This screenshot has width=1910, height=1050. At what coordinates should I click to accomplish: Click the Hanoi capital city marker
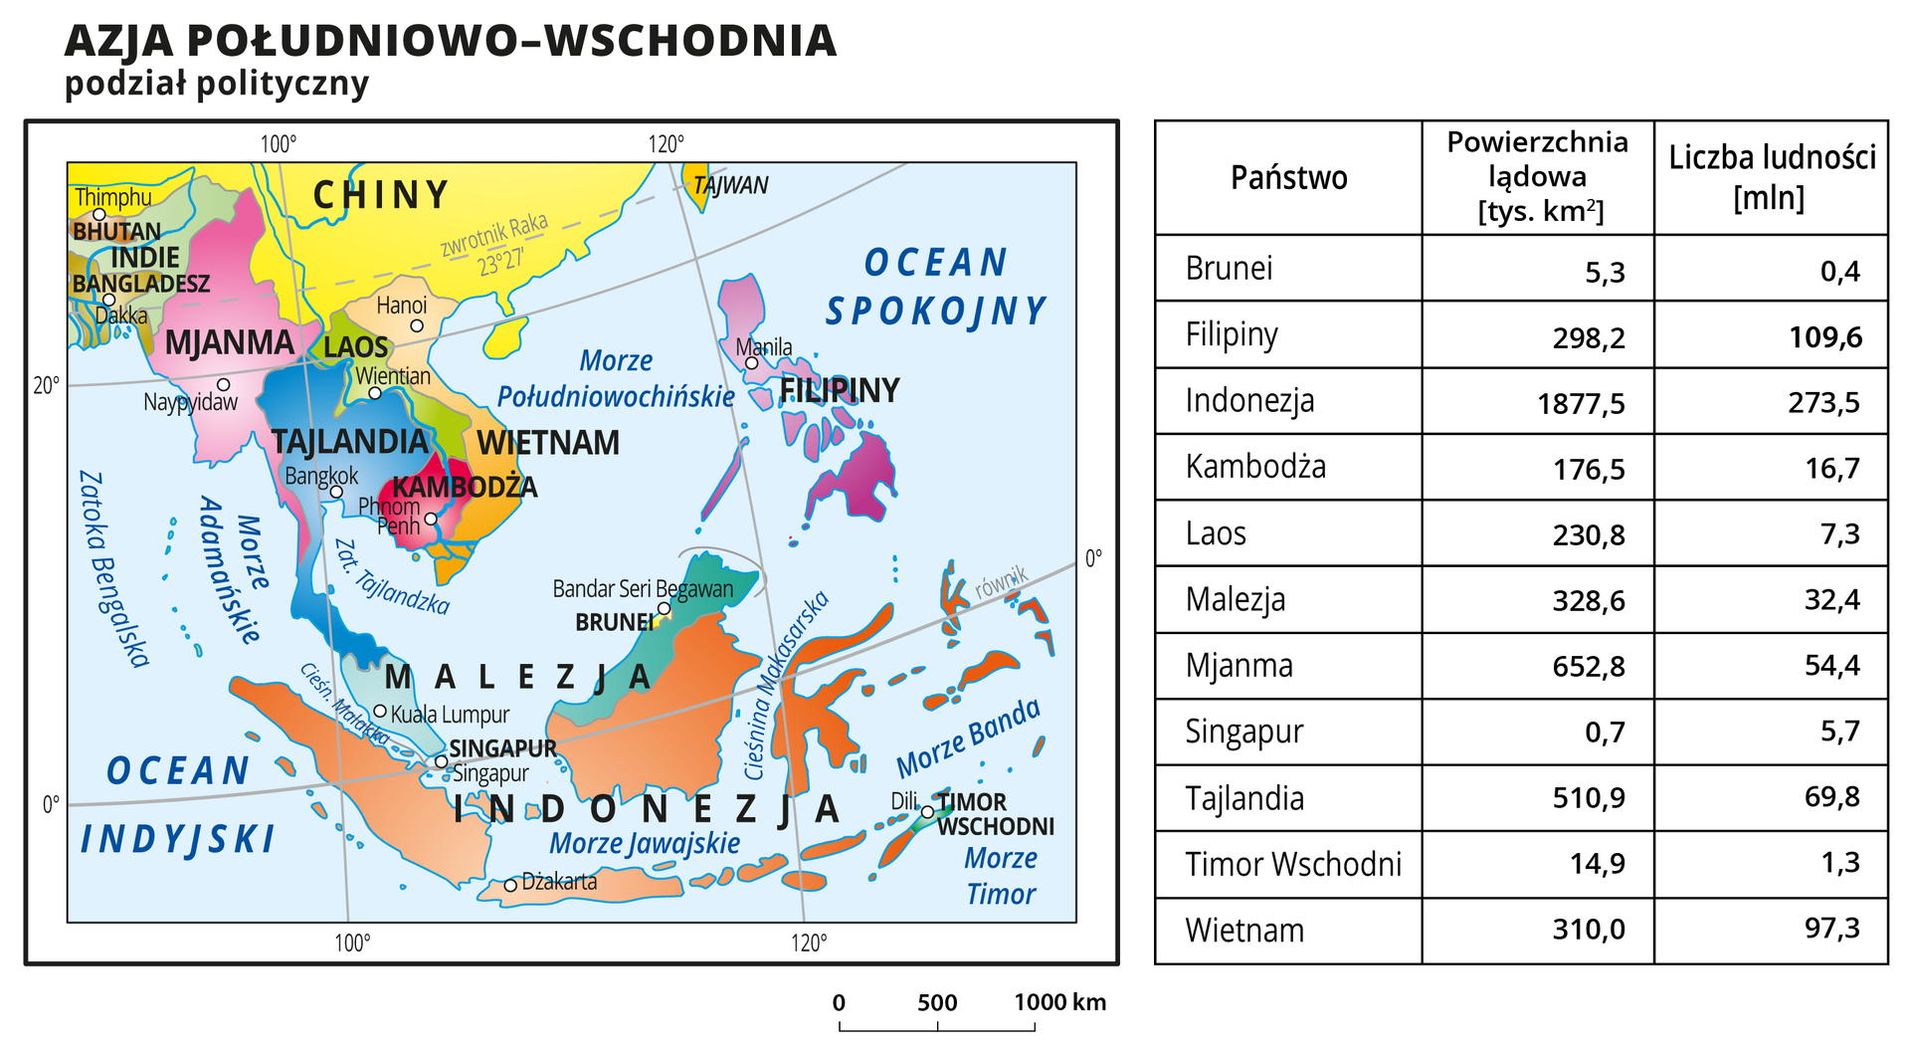[x=417, y=325]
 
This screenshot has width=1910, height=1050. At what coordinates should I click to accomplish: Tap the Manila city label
[x=764, y=347]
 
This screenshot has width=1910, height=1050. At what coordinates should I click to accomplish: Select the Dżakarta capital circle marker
[x=510, y=885]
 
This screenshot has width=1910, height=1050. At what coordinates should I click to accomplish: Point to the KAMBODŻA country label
[x=465, y=487]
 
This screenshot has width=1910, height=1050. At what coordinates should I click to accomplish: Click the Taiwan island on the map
[x=698, y=185]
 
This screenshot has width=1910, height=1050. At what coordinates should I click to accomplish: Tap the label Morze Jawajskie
[x=645, y=843]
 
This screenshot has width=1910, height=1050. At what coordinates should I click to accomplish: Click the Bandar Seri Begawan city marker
[x=664, y=608]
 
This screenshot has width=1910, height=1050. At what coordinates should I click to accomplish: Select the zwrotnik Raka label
[x=495, y=242]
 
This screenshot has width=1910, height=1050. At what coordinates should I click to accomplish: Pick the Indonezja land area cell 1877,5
[x=1581, y=403]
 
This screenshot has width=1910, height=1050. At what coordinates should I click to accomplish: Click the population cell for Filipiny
[x=1824, y=337]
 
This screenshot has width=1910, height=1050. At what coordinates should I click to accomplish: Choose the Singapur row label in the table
[x=1243, y=732]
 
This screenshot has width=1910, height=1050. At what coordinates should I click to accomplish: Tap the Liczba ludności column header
[x=1771, y=177]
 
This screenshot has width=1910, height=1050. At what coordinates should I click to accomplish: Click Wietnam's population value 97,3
[x=1831, y=929]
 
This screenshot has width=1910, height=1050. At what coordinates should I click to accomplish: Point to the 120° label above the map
[x=667, y=144]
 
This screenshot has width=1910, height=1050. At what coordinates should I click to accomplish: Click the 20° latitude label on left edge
[x=46, y=385]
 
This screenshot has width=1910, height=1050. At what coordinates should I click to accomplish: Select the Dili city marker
[x=927, y=812]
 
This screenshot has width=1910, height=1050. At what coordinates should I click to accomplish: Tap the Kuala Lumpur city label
[x=450, y=715]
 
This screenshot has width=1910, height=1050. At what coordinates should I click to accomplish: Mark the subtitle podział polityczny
[x=216, y=83]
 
